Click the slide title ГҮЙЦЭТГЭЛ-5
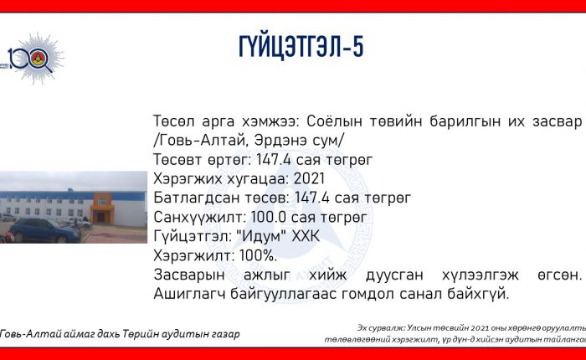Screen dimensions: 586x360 pyautogui.click(x=301, y=47)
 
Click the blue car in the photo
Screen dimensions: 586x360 pyautogui.click(x=45, y=230)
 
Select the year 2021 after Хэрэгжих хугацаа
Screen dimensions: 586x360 pyautogui.click(x=309, y=178)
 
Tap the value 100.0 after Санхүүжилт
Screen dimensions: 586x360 pyautogui.click(x=266, y=217)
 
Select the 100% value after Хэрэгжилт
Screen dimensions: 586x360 pyautogui.click(x=258, y=255)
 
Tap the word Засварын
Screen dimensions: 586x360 pyautogui.click(x=188, y=275)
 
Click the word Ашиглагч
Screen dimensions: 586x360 pyautogui.click(x=189, y=294)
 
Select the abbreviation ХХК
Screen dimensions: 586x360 pyautogui.click(x=306, y=236)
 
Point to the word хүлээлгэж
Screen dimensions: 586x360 pyautogui.click(x=481, y=275)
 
